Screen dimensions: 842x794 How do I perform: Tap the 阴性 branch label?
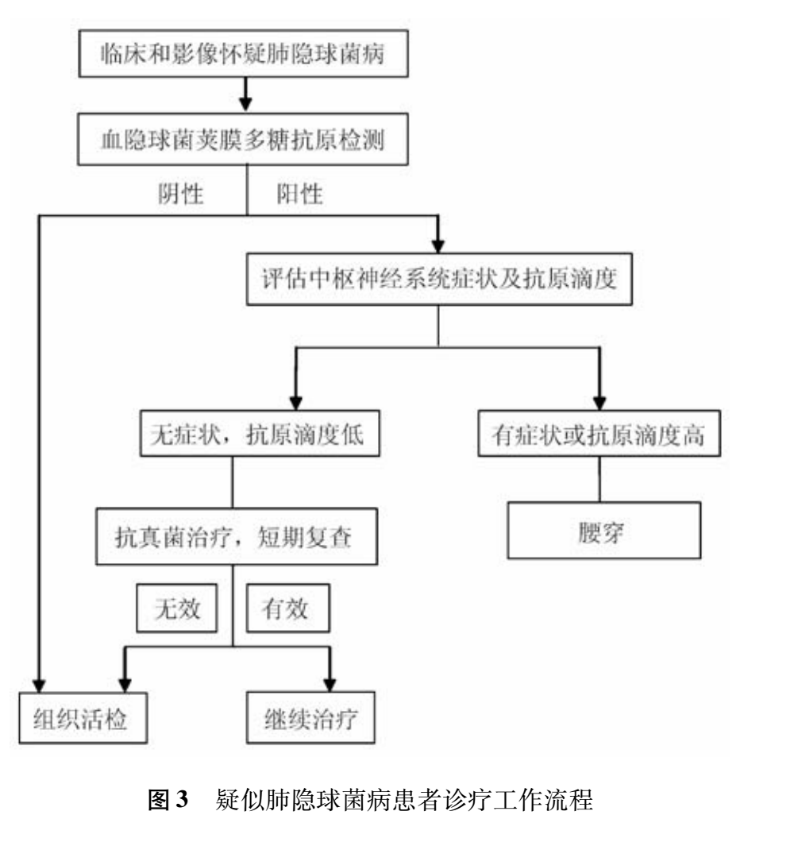point(182,194)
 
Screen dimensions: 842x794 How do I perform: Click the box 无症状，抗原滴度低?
point(252,435)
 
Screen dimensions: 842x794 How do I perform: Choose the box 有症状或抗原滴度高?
point(599,435)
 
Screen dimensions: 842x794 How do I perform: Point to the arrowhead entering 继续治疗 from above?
point(329,683)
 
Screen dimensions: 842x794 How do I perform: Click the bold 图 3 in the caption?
point(170,800)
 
